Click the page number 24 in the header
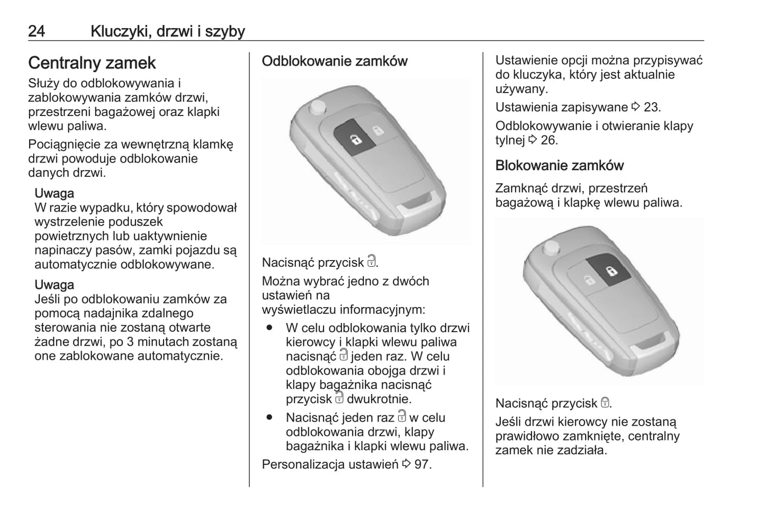pos(37,31)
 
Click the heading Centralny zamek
pos(92,63)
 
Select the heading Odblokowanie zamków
pos(335,61)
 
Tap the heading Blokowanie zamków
pos(560,166)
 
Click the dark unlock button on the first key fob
pos(353,139)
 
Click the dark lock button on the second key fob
pos(611,271)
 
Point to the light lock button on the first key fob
pos(378,130)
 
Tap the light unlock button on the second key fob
pos(587,280)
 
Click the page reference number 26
pos(548,140)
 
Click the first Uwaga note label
pos(54,193)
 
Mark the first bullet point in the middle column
pos(269,328)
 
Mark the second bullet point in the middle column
pos(269,418)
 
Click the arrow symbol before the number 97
pos(406,465)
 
